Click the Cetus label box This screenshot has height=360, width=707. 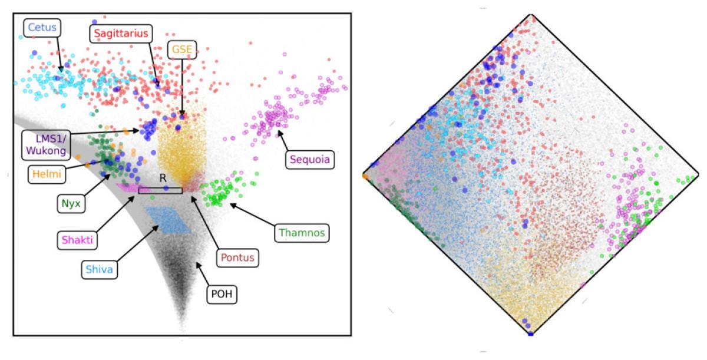click(x=43, y=27)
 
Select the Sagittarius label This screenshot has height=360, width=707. click(x=122, y=33)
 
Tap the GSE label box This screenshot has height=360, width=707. click(x=181, y=49)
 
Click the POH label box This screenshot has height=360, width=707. click(x=221, y=294)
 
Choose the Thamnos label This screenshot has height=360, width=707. click(x=302, y=233)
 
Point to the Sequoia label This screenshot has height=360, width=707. click(x=310, y=159)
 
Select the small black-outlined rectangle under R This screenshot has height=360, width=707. click(x=160, y=190)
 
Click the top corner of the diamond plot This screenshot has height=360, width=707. click(x=532, y=15)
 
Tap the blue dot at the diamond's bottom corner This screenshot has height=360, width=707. click(x=530, y=334)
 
